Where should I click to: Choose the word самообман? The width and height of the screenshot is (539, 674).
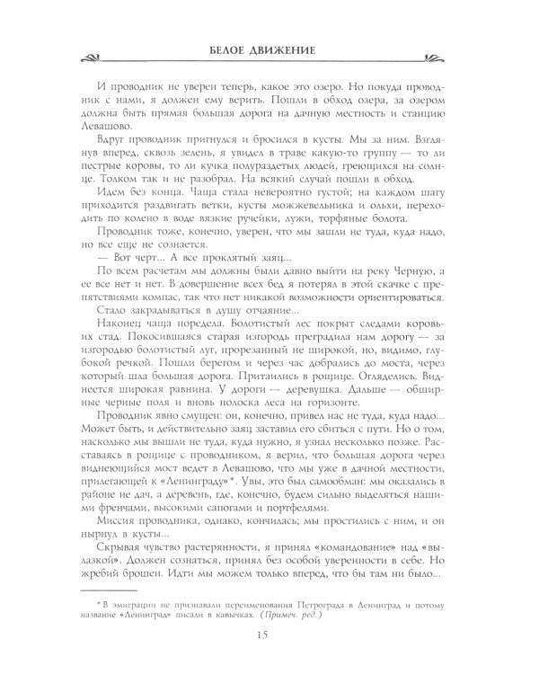pyautogui.click(x=310, y=495)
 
